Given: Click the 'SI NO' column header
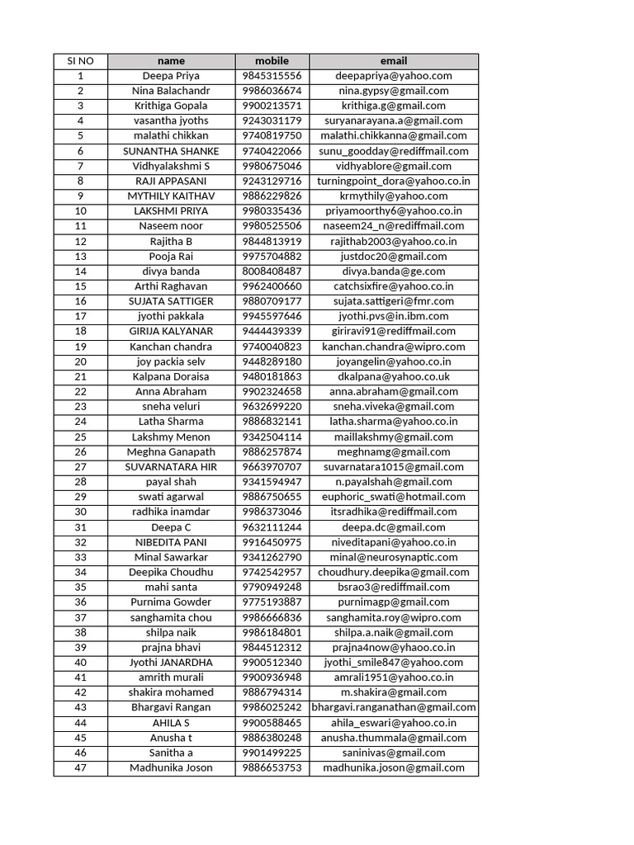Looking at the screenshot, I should [80, 61].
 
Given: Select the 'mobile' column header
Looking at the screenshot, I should [272, 61].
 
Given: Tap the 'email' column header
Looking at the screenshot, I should [394, 61].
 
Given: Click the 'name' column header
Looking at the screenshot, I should [171, 61].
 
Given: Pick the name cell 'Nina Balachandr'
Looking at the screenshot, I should [171, 91].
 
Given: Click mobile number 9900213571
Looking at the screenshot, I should [272, 106].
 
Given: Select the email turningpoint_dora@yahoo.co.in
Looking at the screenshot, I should [394, 181].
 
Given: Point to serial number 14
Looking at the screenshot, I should [80, 271].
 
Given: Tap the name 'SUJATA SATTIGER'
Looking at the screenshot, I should [171, 301].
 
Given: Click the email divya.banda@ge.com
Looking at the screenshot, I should [394, 271].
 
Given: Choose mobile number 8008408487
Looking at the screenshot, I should [272, 271].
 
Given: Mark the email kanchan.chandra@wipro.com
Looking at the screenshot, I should [394, 347].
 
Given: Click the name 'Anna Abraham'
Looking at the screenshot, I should [171, 391].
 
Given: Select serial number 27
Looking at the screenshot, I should [80, 467].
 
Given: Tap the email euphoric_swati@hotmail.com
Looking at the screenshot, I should [394, 497].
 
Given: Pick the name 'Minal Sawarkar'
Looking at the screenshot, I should [171, 557].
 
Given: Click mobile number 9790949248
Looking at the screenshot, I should [272, 587].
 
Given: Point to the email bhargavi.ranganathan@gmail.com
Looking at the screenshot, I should [394, 707].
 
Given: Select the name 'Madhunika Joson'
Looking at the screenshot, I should [171, 767].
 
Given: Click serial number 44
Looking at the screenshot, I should [80, 723].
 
